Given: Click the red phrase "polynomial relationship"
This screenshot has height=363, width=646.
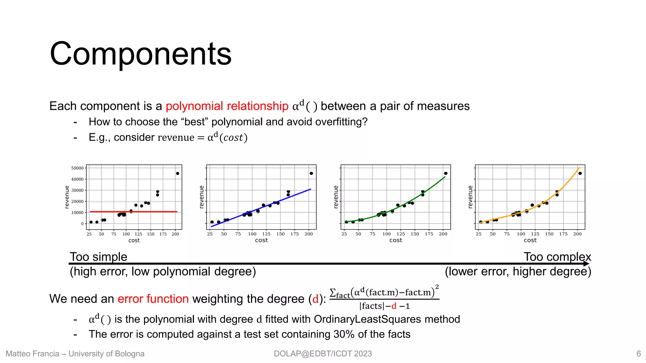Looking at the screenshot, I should (x=227, y=106).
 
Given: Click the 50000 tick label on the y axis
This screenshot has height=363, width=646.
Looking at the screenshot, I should (x=77, y=168).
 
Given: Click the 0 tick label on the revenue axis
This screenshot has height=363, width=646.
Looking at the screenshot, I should (x=82, y=224).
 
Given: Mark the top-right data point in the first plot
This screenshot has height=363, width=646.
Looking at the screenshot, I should (x=178, y=173).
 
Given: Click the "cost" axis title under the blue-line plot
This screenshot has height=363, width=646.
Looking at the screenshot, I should (x=261, y=240).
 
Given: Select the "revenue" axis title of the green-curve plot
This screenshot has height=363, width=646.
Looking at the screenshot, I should (x=336, y=197).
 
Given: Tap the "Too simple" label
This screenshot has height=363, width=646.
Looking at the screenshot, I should (x=98, y=257).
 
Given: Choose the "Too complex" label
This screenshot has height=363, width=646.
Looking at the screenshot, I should (x=557, y=257).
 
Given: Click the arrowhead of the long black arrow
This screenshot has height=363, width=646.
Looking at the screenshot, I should (x=587, y=264).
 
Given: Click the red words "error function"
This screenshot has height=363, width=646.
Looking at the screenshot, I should (x=153, y=299).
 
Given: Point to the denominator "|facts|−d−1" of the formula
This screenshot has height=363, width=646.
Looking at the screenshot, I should (x=384, y=306).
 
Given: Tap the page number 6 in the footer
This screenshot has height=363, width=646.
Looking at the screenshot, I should (x=638, y=354).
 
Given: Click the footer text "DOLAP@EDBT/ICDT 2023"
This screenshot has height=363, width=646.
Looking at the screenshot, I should (x=323, y=354).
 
